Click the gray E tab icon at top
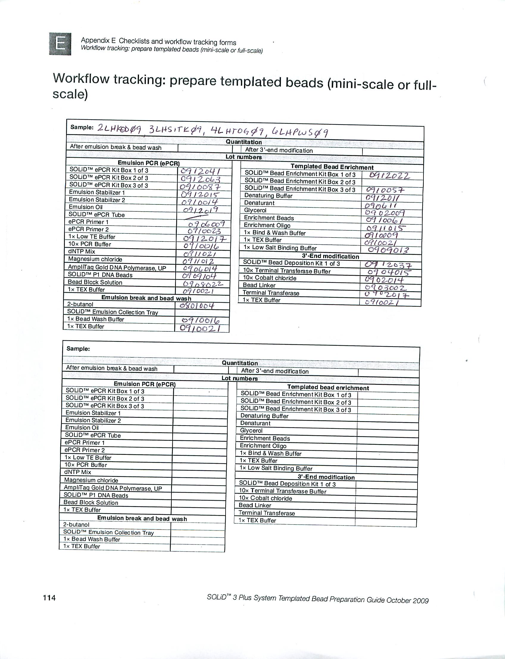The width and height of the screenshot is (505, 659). coord(60,44)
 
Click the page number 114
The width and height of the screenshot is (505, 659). coord(49,597)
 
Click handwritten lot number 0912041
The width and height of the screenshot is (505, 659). coord(201,171)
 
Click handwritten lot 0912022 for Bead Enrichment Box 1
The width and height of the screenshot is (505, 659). coord(389,176)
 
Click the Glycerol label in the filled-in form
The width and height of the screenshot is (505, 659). coord(255,210)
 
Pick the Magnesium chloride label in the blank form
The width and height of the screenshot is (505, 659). coord(91,480)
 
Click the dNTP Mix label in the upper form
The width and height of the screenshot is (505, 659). coord(82,251)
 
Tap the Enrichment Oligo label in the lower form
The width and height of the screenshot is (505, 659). coord(263,446)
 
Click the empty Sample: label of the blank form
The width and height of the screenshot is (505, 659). coord(78,349)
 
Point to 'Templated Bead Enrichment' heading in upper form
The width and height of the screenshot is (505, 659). coord(332,167)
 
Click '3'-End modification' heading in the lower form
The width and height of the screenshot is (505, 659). coord(326,477)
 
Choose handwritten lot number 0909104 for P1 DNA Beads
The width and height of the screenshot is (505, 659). coord(199,276)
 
